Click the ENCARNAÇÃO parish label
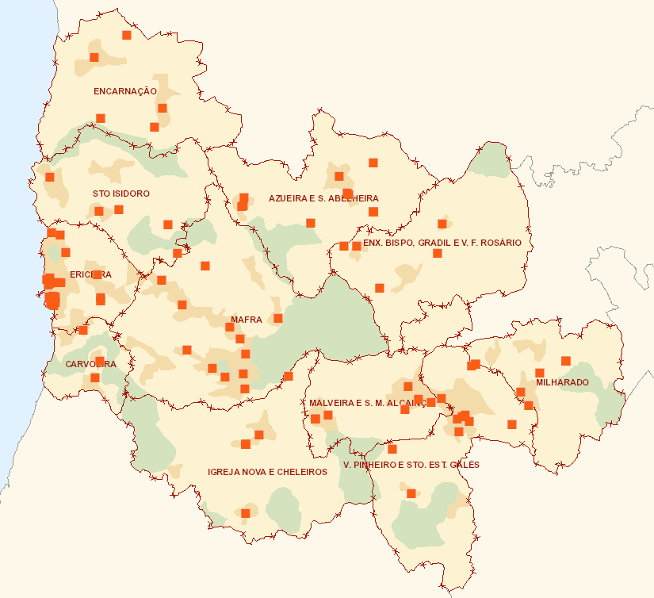point(125,91)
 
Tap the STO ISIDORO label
point(120,194)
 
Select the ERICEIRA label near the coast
point(90,274)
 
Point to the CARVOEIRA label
point(90,364)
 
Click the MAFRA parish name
point(246,320)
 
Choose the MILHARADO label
point(562,382)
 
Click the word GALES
point(463,465)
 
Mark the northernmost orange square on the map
point(126,35)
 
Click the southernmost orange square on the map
point(246,513)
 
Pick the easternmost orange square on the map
point(565,361)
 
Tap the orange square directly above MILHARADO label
point(539,373)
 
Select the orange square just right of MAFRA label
point(277,318)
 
